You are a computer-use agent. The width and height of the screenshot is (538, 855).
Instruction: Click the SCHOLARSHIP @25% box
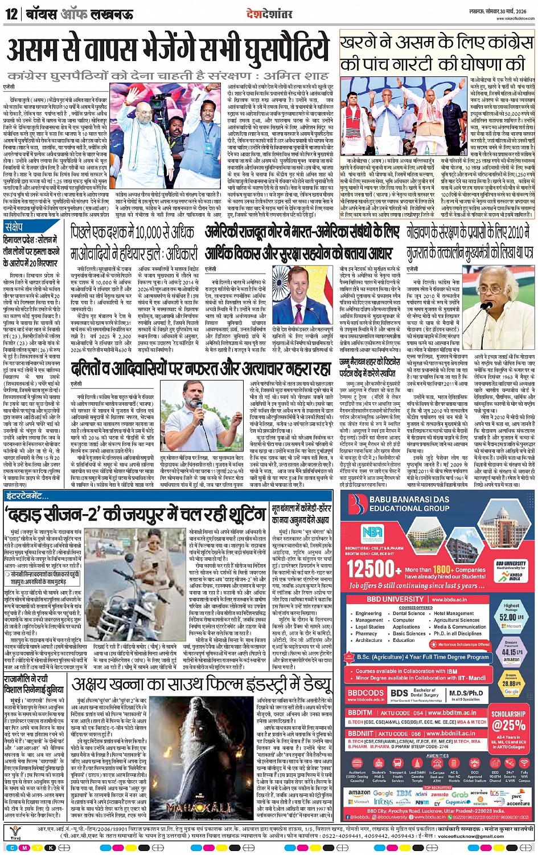click(509, 720)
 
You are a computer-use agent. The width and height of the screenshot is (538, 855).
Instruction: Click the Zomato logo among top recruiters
click(439, 793)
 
